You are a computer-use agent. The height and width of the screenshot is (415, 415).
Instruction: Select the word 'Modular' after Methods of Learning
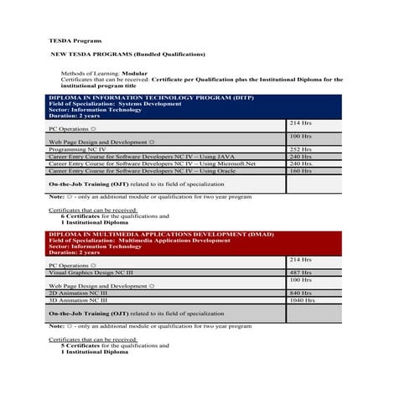coord(135,73)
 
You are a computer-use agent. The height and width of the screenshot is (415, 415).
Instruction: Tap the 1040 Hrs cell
coord(302,299)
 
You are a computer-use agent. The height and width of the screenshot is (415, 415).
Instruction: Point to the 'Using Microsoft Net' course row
coord(142,163)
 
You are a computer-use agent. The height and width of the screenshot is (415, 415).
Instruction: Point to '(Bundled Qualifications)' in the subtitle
coord(163,54)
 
